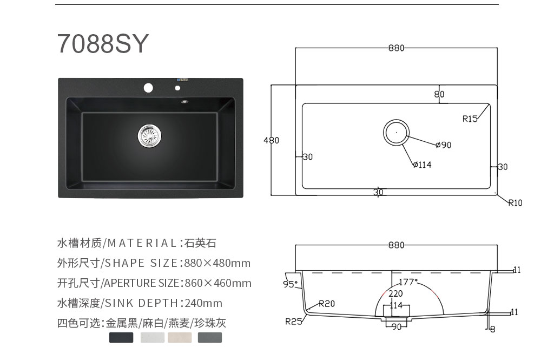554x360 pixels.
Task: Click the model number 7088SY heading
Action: [103, 44]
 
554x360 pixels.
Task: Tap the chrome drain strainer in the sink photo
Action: [149, 136]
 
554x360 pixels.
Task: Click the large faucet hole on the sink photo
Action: [148, 88]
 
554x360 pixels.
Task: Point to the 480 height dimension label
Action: [272, 140]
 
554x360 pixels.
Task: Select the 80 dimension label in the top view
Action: [439, 94]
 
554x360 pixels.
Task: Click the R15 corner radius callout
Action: [470, 119]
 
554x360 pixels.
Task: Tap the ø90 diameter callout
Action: [444, 145]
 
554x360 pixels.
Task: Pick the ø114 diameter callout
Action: [422, 165]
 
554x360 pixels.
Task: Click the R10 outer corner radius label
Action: [515, 203]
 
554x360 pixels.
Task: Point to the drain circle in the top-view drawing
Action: [396, 120]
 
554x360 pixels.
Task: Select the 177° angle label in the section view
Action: [408, 282]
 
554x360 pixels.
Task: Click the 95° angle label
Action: [291, 284]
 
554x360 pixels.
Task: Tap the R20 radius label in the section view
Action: [327, 303]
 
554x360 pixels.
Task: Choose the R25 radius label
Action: [294, 322]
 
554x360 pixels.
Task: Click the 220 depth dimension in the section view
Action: [395, 293]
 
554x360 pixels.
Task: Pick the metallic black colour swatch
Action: [121, 337]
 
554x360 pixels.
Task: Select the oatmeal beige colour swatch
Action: [180, 337]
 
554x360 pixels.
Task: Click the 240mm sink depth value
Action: [203, 303]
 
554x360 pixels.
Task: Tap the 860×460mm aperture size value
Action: [217, 283]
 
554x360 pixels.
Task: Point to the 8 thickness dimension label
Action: [493, 330]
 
